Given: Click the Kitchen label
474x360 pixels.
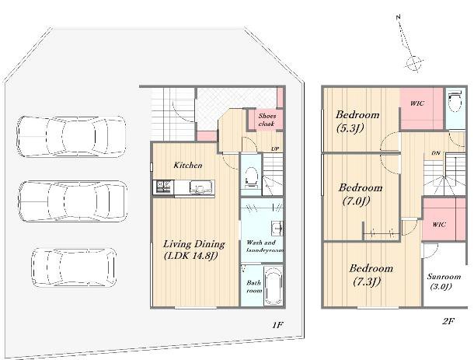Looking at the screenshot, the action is pos(188,165).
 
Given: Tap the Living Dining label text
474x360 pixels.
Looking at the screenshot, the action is pos(194,244).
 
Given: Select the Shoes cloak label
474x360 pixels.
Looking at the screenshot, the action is pos(267,120).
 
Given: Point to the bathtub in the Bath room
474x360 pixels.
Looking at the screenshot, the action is pos(274,286).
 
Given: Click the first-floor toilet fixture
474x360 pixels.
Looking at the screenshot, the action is pos(251,177).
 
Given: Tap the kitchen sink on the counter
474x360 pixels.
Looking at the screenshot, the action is pos(197,187).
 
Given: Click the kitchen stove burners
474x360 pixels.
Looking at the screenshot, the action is pos(163,187).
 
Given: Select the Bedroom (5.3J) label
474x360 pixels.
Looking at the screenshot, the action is pos(357,121).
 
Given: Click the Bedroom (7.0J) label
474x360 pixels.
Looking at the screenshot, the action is pos(360,194).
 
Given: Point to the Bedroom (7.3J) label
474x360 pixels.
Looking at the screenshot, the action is pos(371,274).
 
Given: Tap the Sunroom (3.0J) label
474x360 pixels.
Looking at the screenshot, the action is pos(444,281).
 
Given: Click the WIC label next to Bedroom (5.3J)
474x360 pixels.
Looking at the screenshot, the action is pos(417,103).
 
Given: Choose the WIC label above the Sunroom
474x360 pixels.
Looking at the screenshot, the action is pos(438,225).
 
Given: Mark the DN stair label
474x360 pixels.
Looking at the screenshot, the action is pos(436,153).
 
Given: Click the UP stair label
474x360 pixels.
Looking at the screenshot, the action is pos(275,149).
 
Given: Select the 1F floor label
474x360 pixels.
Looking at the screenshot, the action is pos(277,325).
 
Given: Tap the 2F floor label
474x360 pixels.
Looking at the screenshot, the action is pos(448,321).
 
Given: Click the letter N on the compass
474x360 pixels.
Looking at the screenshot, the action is pos(398,17).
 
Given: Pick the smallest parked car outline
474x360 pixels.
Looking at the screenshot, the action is pos(74,267).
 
